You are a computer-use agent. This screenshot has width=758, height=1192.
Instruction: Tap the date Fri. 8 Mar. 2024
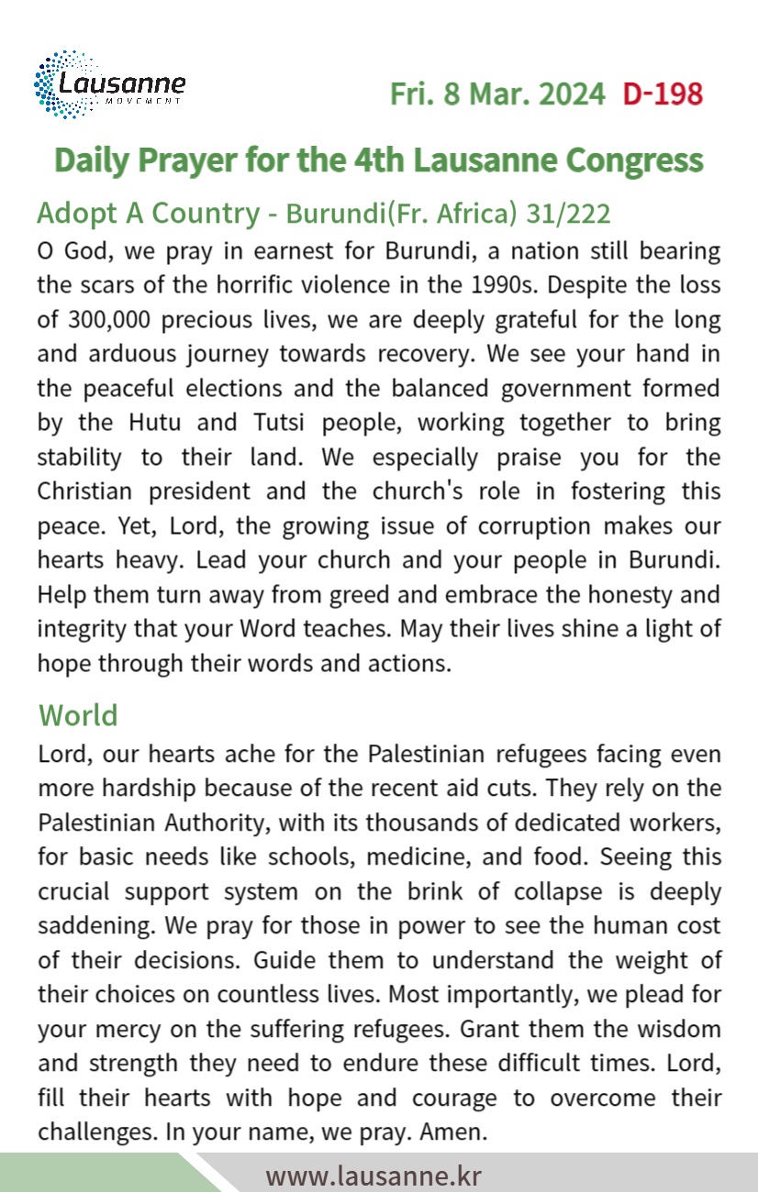[x=497, y=94]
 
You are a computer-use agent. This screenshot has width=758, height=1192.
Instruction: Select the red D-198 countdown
[x=663, y=94]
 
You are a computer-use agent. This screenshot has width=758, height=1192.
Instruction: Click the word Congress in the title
[x=634, y=160]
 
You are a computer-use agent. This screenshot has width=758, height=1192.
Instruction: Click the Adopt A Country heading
[x=148, y=214]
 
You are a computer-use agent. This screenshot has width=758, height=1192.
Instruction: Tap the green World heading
[x=78, y=715]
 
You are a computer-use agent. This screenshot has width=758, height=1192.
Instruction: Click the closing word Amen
[x=450, y=1132]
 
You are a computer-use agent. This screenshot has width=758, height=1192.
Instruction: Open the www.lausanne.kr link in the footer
[x=373, y=1175]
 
